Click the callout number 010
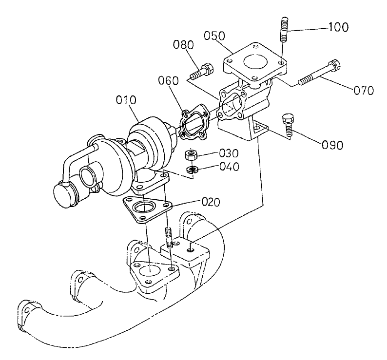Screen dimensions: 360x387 [126, 101]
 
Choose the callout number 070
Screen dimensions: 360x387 [364, 90]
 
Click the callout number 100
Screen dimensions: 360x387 [338, 27]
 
